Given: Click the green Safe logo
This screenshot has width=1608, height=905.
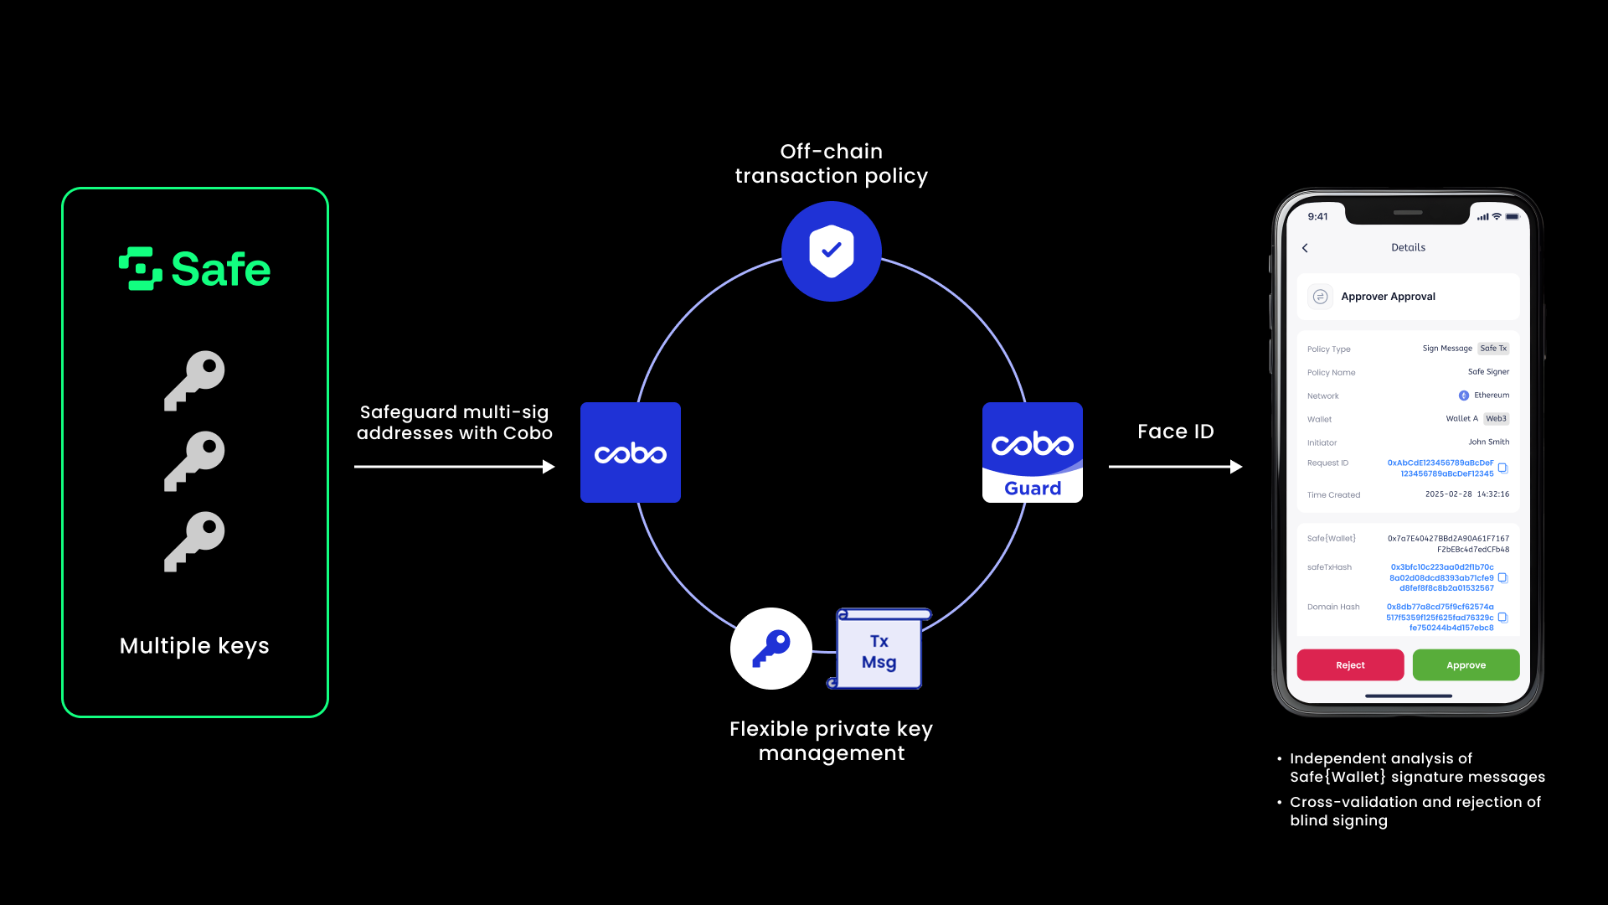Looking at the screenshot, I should click(194, 269).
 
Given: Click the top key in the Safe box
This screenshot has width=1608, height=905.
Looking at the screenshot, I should click(195, 380).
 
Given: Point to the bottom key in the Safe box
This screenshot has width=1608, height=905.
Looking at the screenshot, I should click(195, 540).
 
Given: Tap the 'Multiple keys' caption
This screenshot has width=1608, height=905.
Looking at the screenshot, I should click(194, 646).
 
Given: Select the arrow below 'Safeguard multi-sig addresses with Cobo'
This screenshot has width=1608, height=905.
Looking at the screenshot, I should click(454, 467).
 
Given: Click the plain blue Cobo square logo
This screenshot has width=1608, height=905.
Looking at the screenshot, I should click(631, 452).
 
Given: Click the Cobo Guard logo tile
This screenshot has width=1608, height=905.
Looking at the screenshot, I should click(1033, 452).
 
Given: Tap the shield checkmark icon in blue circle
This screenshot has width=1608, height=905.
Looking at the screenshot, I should click(832, 251).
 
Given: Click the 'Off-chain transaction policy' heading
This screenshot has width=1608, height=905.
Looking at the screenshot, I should click(832, 163).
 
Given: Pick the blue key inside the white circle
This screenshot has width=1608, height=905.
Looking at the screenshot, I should click(771, 648).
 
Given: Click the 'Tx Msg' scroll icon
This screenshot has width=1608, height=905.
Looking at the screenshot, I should click(879, 650).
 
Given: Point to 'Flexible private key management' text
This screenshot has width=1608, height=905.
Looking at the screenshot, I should click(832, 741).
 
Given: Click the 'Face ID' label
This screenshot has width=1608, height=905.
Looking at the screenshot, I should click(1176, 432).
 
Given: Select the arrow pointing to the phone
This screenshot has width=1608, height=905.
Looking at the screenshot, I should click(1175, 467).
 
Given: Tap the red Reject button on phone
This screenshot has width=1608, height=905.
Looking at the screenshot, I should click(1350, 665).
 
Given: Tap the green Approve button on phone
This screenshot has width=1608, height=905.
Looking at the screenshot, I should click(1466, 665).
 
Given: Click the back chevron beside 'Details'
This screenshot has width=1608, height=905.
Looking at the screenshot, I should click(1305, 248).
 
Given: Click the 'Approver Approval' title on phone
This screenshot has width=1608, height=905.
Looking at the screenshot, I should click(1388, 297).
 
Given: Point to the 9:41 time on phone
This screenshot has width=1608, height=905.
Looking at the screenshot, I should click(1317, 216).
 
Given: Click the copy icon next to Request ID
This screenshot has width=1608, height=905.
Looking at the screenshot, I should click(1502, 468).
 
